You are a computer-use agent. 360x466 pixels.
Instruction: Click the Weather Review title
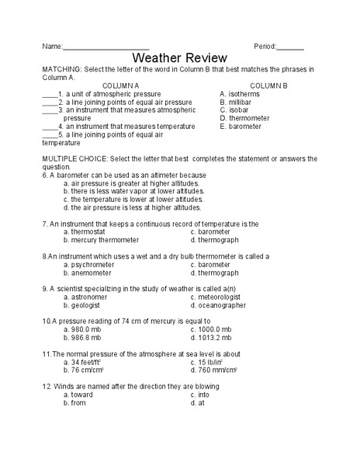tap(179, 58)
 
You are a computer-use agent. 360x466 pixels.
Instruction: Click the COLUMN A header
tap(120, 85)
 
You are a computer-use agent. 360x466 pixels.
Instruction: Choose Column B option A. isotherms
tap(240, 94)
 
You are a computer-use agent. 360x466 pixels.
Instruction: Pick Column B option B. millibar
tap(237, 102)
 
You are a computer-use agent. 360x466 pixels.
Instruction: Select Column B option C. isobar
tap(234, 110)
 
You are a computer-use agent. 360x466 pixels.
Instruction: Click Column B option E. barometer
tap(241, 127)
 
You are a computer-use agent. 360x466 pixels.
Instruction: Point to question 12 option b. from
tap(75, 403)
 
